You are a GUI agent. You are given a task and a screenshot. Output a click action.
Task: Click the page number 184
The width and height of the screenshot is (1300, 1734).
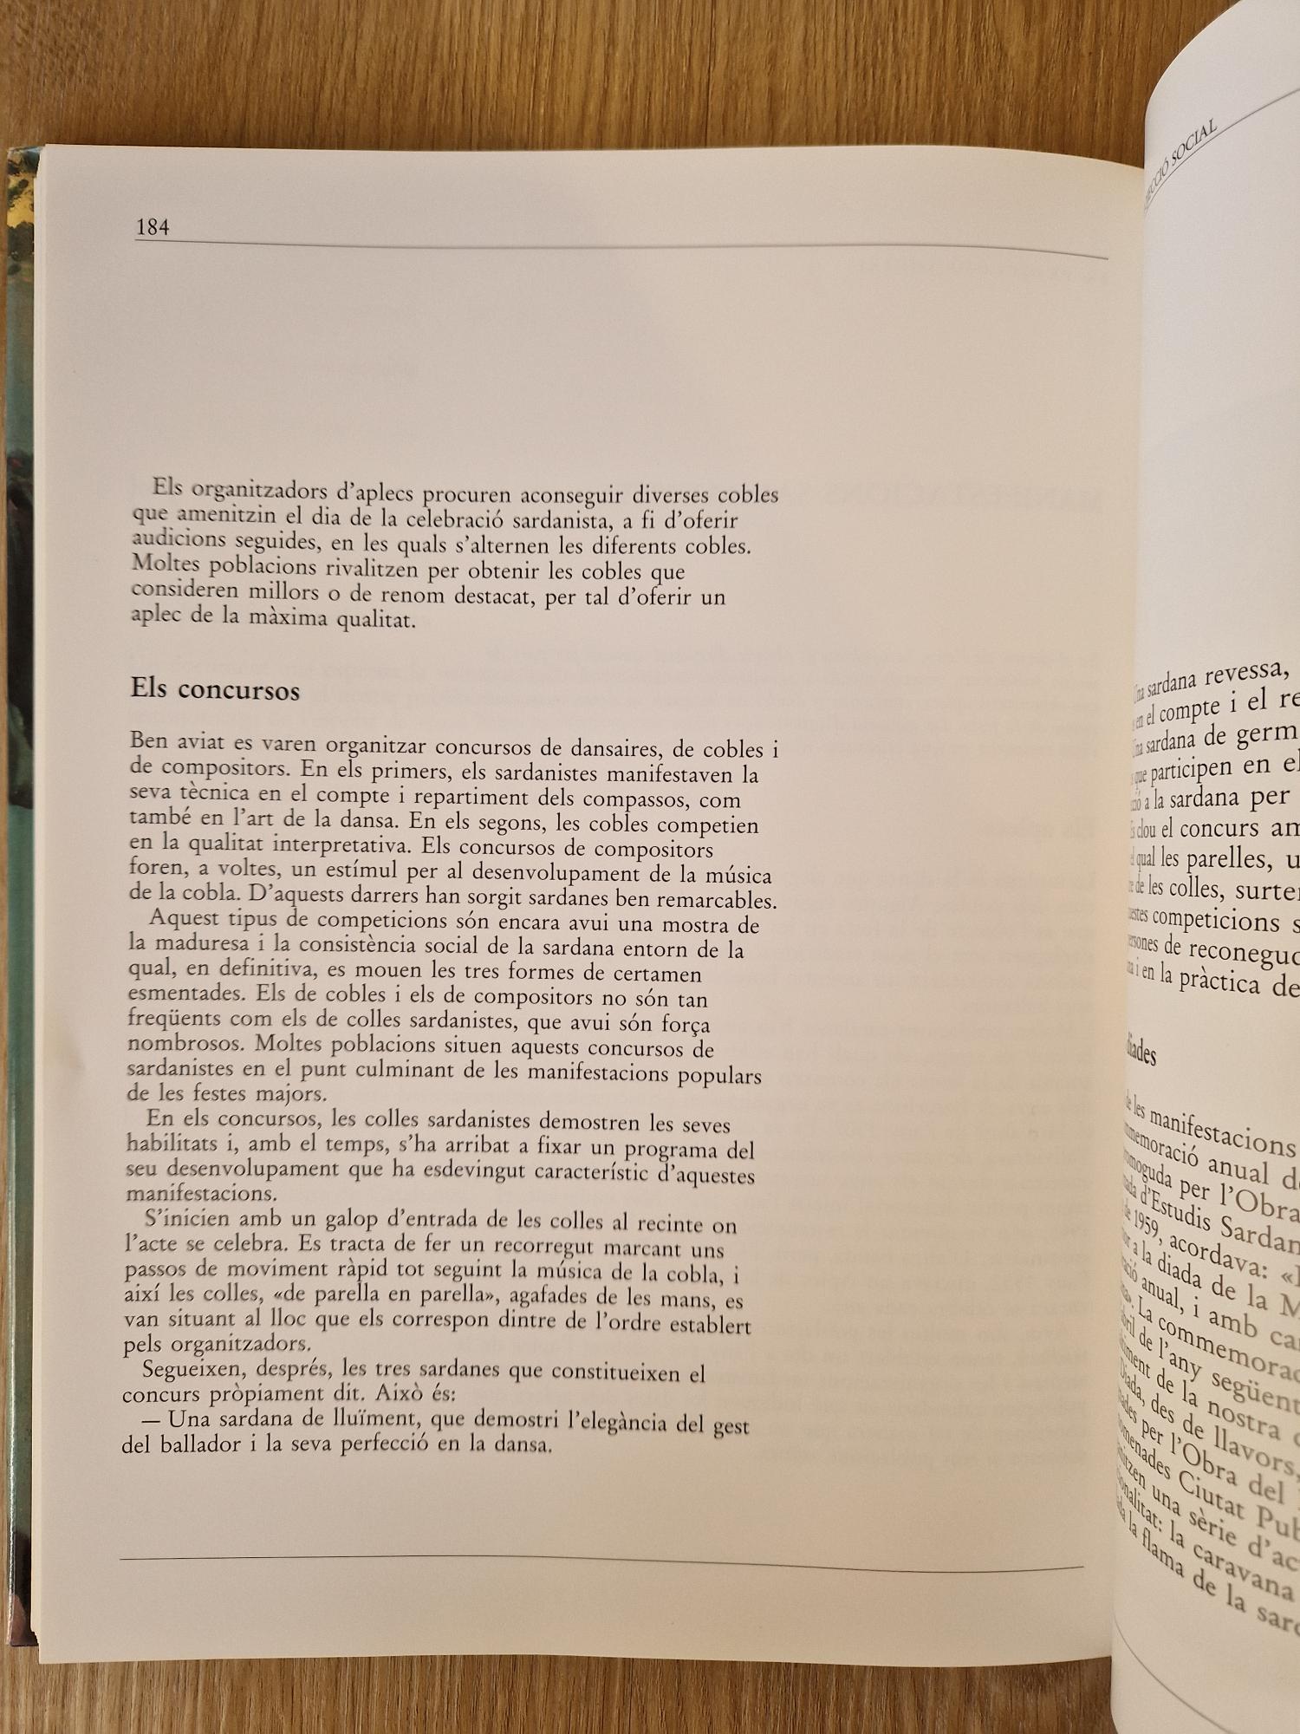(x=153, y=227)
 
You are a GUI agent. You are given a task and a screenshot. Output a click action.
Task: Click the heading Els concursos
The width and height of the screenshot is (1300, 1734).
(x=215, y=690)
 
